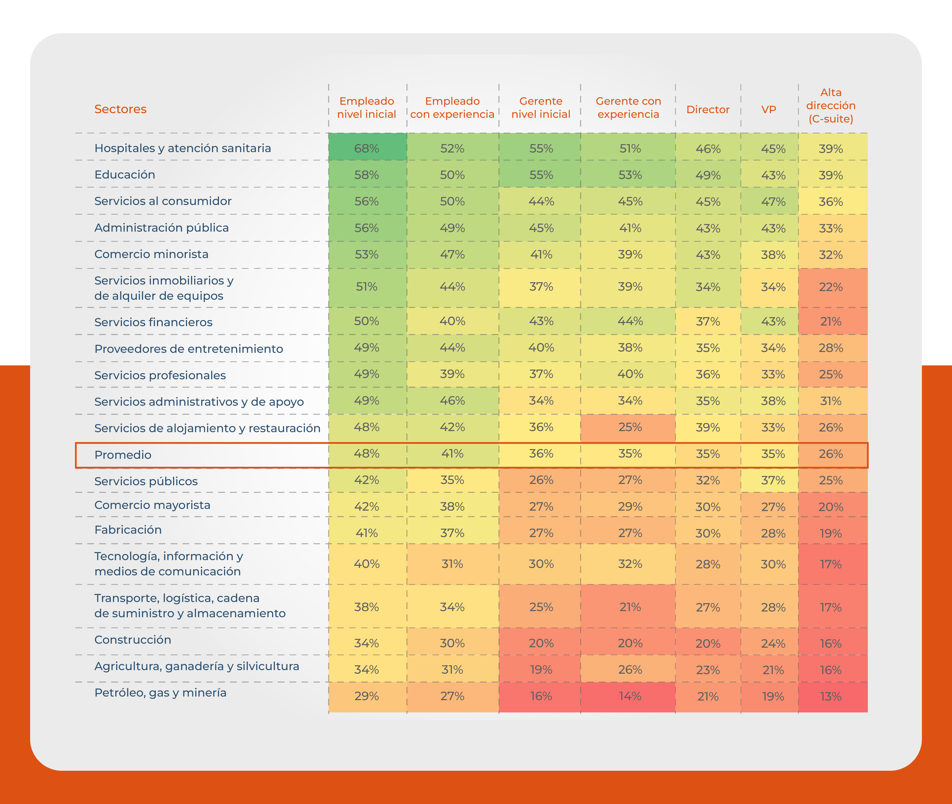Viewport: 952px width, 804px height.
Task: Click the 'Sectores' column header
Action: point(120,109)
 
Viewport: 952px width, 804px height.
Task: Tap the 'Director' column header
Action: point(708,109)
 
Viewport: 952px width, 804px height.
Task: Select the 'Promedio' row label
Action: point(123,454)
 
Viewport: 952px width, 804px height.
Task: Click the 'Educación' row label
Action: point(124,175)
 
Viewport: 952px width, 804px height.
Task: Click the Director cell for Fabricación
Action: point(708,533)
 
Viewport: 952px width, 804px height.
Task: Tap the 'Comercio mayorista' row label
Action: point(152,505)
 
